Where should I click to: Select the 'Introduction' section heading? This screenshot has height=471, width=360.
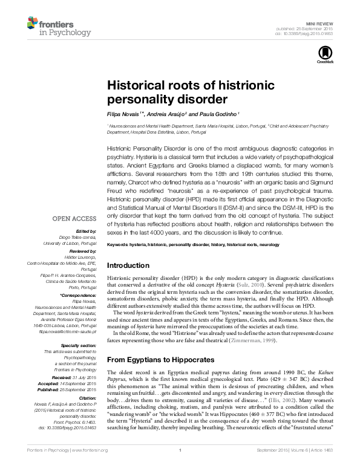pos(128,265)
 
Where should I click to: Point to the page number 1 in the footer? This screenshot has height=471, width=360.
pos(180,466)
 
